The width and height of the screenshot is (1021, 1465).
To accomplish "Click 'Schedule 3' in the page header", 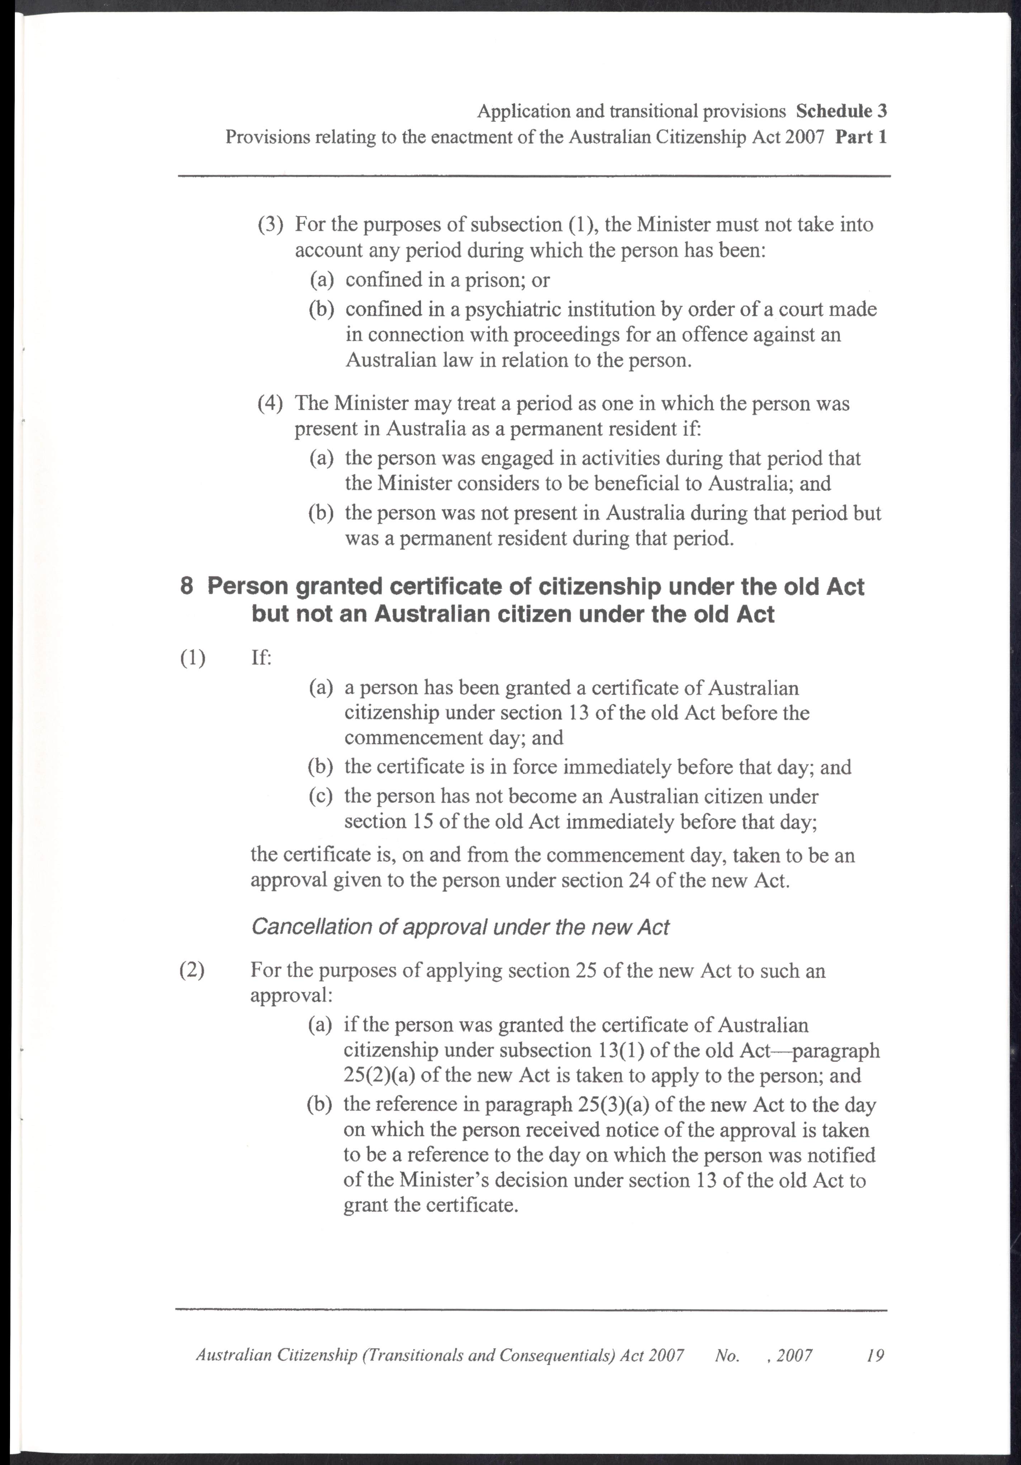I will pyautogui.click(x=841, y=111).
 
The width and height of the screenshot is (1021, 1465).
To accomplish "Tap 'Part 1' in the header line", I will pyautogui.click(x=861, y=137).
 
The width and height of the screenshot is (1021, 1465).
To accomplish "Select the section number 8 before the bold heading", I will pyautogui.click(x=187, y=587).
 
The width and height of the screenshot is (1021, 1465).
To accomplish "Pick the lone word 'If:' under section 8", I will pyautogui.click(x=261, y=658).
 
